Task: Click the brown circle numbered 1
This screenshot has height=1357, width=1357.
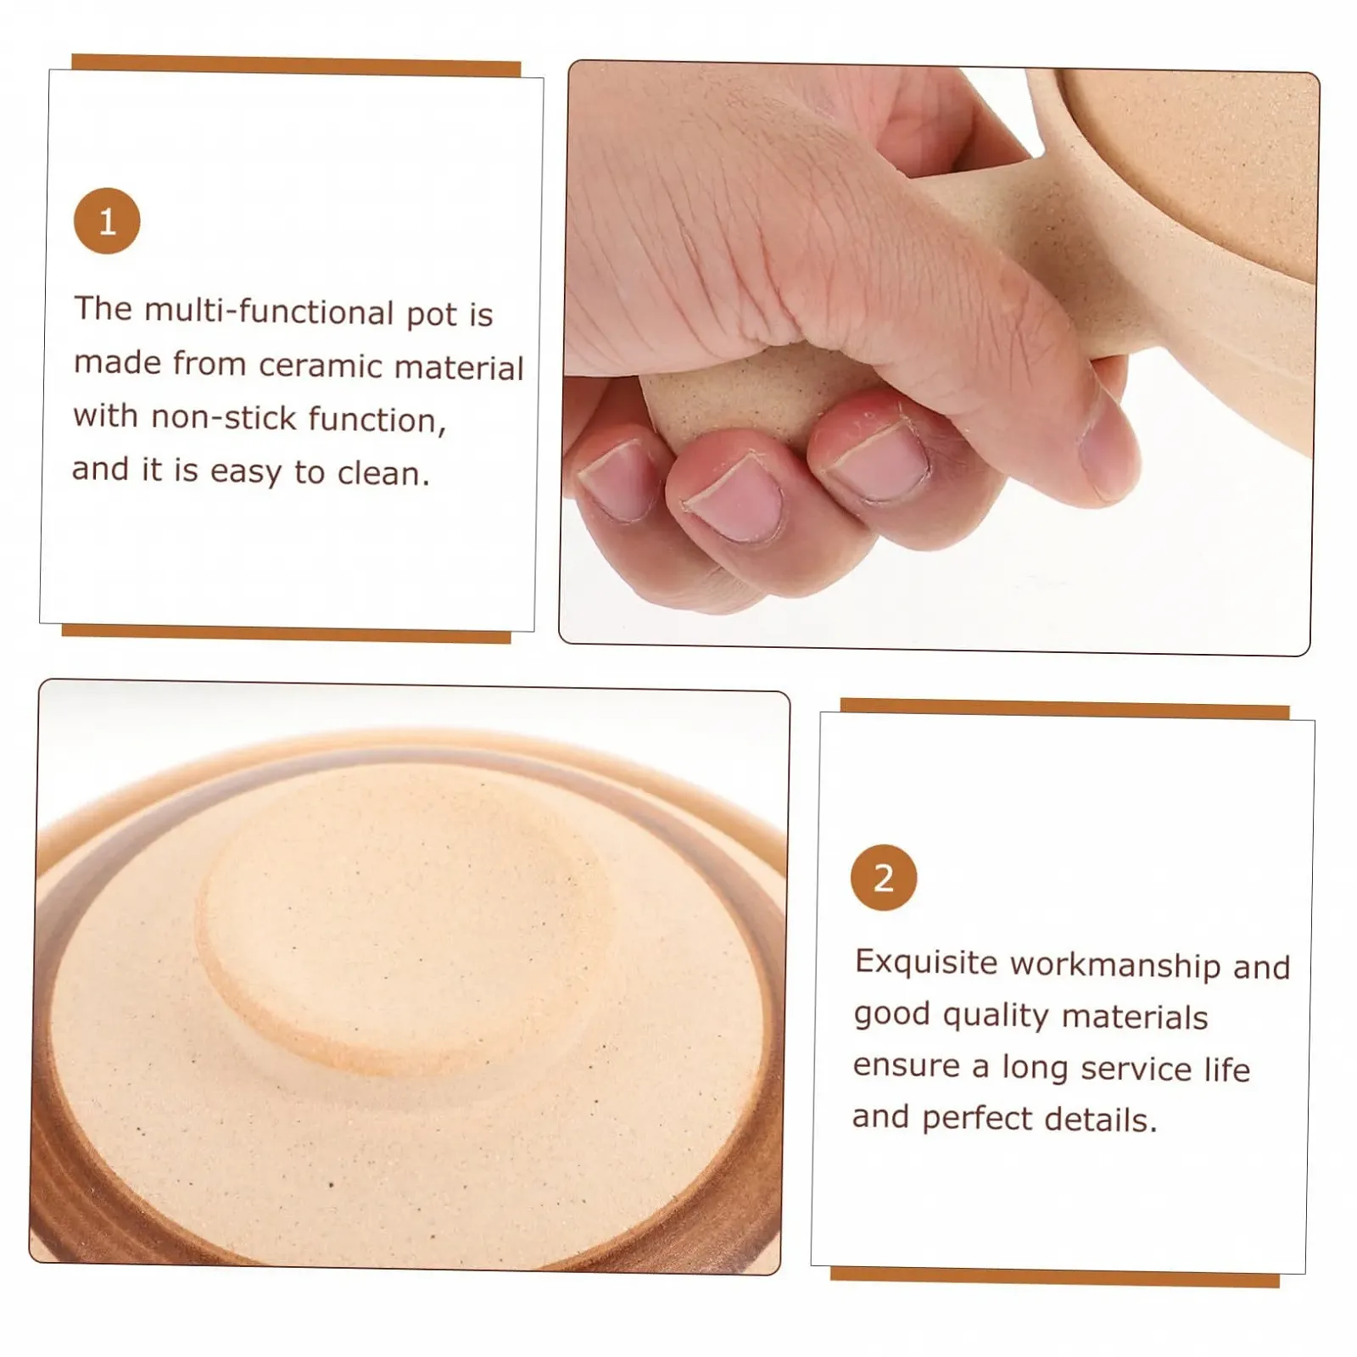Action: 107,221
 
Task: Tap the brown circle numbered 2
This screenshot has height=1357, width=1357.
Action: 884,877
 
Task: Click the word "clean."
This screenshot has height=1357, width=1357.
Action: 383,473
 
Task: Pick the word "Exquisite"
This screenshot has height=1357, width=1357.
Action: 926,963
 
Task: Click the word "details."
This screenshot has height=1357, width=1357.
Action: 1101,1120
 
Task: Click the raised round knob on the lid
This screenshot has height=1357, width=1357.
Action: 403,929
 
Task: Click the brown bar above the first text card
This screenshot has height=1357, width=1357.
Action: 296,65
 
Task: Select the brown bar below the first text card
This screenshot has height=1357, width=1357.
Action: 287,633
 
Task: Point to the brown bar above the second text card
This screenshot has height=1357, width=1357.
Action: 1065,709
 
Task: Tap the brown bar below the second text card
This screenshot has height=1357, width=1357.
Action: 1055,1277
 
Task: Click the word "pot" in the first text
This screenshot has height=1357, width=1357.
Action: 433,316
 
